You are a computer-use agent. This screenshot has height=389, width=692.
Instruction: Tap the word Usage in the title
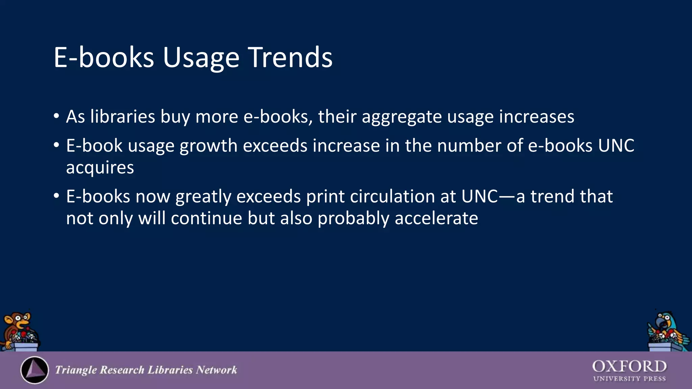coord(201,58)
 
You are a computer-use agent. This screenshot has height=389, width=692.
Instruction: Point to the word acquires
coord(100,168)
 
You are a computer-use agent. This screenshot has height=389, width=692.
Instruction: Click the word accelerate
coord(436,218)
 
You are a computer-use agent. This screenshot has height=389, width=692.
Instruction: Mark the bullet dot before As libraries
coord(56,116)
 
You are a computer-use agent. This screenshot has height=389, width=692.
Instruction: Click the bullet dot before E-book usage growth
coord(56,145)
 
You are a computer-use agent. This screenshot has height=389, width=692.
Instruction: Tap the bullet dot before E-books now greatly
coord(56,196)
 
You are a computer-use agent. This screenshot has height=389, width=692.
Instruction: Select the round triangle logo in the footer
coord(34,370)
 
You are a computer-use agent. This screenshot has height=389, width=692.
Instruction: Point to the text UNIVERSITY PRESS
coord(629,379)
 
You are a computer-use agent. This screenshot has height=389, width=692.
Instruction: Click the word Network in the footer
coord(217,370)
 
